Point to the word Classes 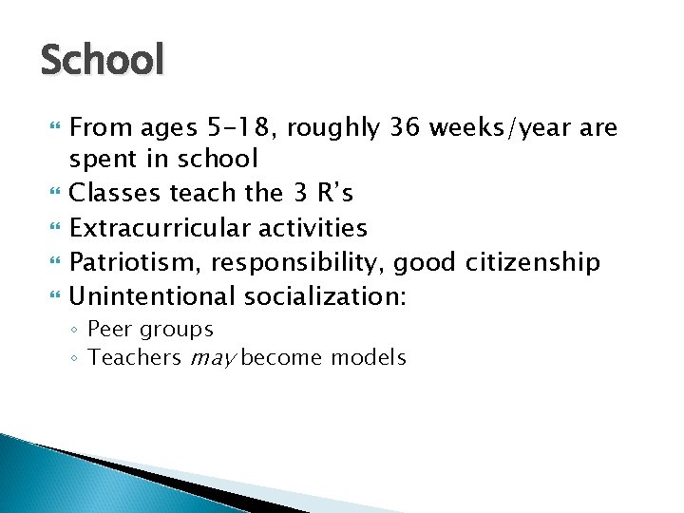click(x=116, y=193)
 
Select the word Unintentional click(x=153, y=296)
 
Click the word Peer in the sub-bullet click(x=109, y=330)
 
